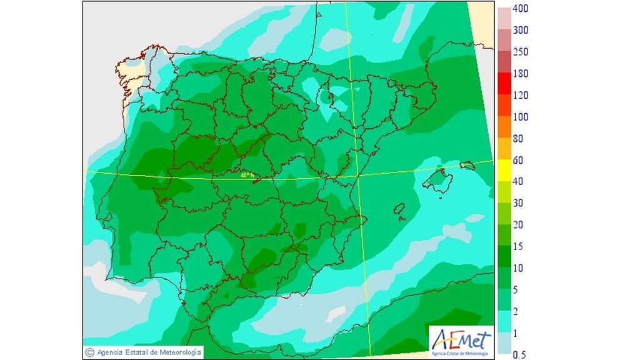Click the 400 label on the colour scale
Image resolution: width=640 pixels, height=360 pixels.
pos(521,9)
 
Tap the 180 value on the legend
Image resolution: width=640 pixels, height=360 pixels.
pos(521,74)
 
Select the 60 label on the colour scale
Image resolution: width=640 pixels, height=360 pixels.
pos(518,161)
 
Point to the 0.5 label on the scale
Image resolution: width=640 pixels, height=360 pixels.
pos(519,355)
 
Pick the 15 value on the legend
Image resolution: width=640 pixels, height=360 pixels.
pos(518,247)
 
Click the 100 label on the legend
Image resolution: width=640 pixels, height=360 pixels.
pos(521,117)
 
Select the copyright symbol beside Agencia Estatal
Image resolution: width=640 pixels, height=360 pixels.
pos(90,352)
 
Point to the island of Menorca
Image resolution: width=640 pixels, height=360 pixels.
pos(467,166)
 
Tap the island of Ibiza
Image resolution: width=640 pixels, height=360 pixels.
pos(400,210)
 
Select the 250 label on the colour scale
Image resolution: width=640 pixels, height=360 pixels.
pos(521,52)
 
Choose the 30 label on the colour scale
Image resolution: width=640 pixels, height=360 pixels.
pos(518,204)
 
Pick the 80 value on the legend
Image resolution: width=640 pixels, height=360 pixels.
pos(518,139)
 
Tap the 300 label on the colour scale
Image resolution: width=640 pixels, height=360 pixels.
pos(521,31)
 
